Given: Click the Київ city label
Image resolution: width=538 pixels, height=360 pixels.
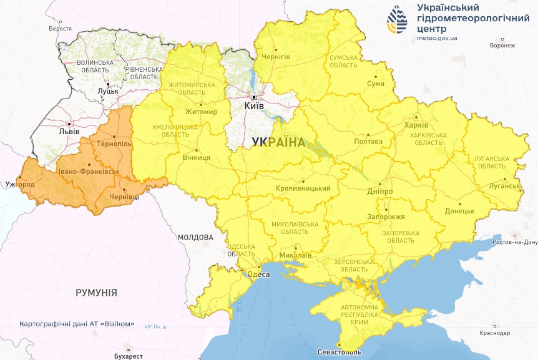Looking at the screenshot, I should [x=254, y=107].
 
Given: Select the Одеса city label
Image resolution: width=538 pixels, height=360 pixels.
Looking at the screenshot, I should [x=258, y=275].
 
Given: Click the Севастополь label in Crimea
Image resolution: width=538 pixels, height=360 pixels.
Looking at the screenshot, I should [x=339, y=353].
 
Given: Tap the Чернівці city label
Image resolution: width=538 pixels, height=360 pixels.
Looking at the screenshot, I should [x=125, y=197].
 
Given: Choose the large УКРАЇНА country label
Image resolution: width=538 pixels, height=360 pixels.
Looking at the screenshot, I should [x=278, y=142].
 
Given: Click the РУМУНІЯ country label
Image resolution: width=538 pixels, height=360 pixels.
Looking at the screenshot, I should [x=96, y=292].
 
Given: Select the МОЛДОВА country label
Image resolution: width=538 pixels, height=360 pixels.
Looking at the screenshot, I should [x=195, y=237].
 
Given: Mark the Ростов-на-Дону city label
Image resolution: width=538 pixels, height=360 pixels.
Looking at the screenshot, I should [x=514, y=242].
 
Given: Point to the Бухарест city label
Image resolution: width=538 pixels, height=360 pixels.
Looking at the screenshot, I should [x=128, y=355].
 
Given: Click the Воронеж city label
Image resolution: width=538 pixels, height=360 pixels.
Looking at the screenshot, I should [x=502, y=46].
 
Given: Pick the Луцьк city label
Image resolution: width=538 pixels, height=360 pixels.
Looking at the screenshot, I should [x=108, y=91].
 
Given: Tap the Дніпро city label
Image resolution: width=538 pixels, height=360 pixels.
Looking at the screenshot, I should [x=380, y=191].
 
